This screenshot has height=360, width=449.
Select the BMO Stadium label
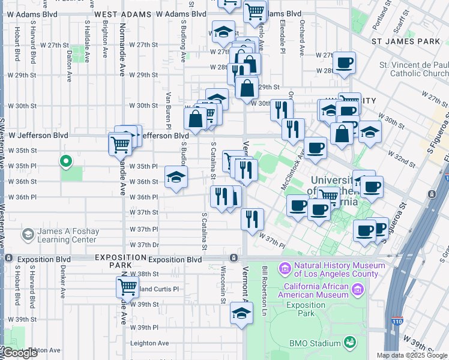[316, 343]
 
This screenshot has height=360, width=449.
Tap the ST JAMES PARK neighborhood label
[406, 42]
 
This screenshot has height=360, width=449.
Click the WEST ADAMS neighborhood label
[121, 13]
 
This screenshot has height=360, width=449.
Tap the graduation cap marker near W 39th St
[241, 314]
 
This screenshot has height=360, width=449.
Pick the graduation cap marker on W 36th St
[175, 178]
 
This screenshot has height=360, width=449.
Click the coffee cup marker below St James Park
[344, 63]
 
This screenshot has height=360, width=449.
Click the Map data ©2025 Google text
[412, 355]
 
